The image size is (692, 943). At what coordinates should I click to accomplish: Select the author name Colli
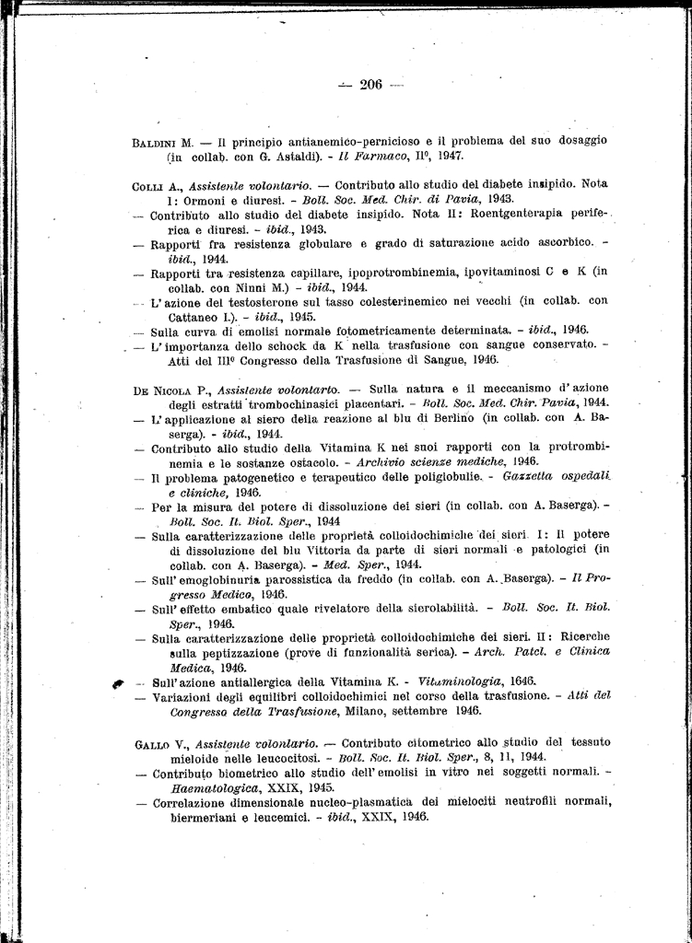[x=147, y=185]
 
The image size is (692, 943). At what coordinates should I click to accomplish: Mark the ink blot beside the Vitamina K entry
[x=118, y=683]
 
